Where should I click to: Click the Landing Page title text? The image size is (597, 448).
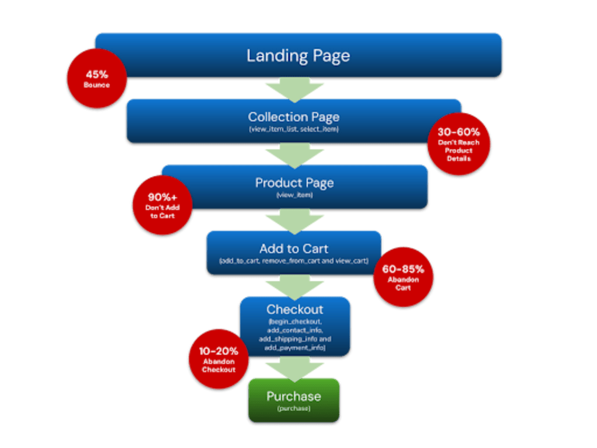click(298, 56)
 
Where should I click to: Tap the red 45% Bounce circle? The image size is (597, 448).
click(97, 79)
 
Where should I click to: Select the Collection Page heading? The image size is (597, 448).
click(294, 117)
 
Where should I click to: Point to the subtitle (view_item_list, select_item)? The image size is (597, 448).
click(294, 128)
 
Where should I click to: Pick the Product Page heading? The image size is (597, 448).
click(294, 183)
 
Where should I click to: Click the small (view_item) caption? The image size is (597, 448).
click(294, 195)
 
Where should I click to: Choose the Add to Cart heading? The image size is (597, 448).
click(294, 249)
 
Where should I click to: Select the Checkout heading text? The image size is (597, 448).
click(294, 309)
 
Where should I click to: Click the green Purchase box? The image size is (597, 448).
click(294, 401)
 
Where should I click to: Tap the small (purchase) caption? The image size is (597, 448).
click(294, 409)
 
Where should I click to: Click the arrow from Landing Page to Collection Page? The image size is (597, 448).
click(294, 89)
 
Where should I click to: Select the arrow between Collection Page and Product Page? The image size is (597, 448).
click(294, 155)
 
